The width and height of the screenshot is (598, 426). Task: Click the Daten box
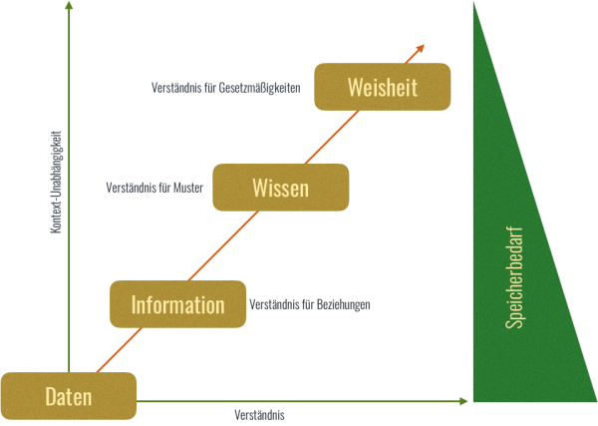pyautogui.click(x=69, y=396)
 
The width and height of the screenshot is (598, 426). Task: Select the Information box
pyautogui.click(x=177, y=304)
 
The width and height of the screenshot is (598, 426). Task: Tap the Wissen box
pyautogui.click(x=280, y=187)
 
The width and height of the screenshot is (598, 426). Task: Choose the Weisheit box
pyautogui.click(x=382, y=87)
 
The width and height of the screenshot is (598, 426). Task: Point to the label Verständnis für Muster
pyautogui.click(x=153, y=187)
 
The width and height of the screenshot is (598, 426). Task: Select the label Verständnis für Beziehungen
pyautogui.click(x=310, y=304)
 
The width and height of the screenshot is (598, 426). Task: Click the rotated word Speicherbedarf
pyautogui.click(x=514, y=278)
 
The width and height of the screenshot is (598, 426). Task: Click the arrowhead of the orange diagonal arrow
pyautogui.click(x=422, y=47)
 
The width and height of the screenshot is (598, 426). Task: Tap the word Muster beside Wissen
pyautogui.click(x=187, y=187)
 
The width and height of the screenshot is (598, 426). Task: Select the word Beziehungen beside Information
pyautogui.click(x=343, y=304)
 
